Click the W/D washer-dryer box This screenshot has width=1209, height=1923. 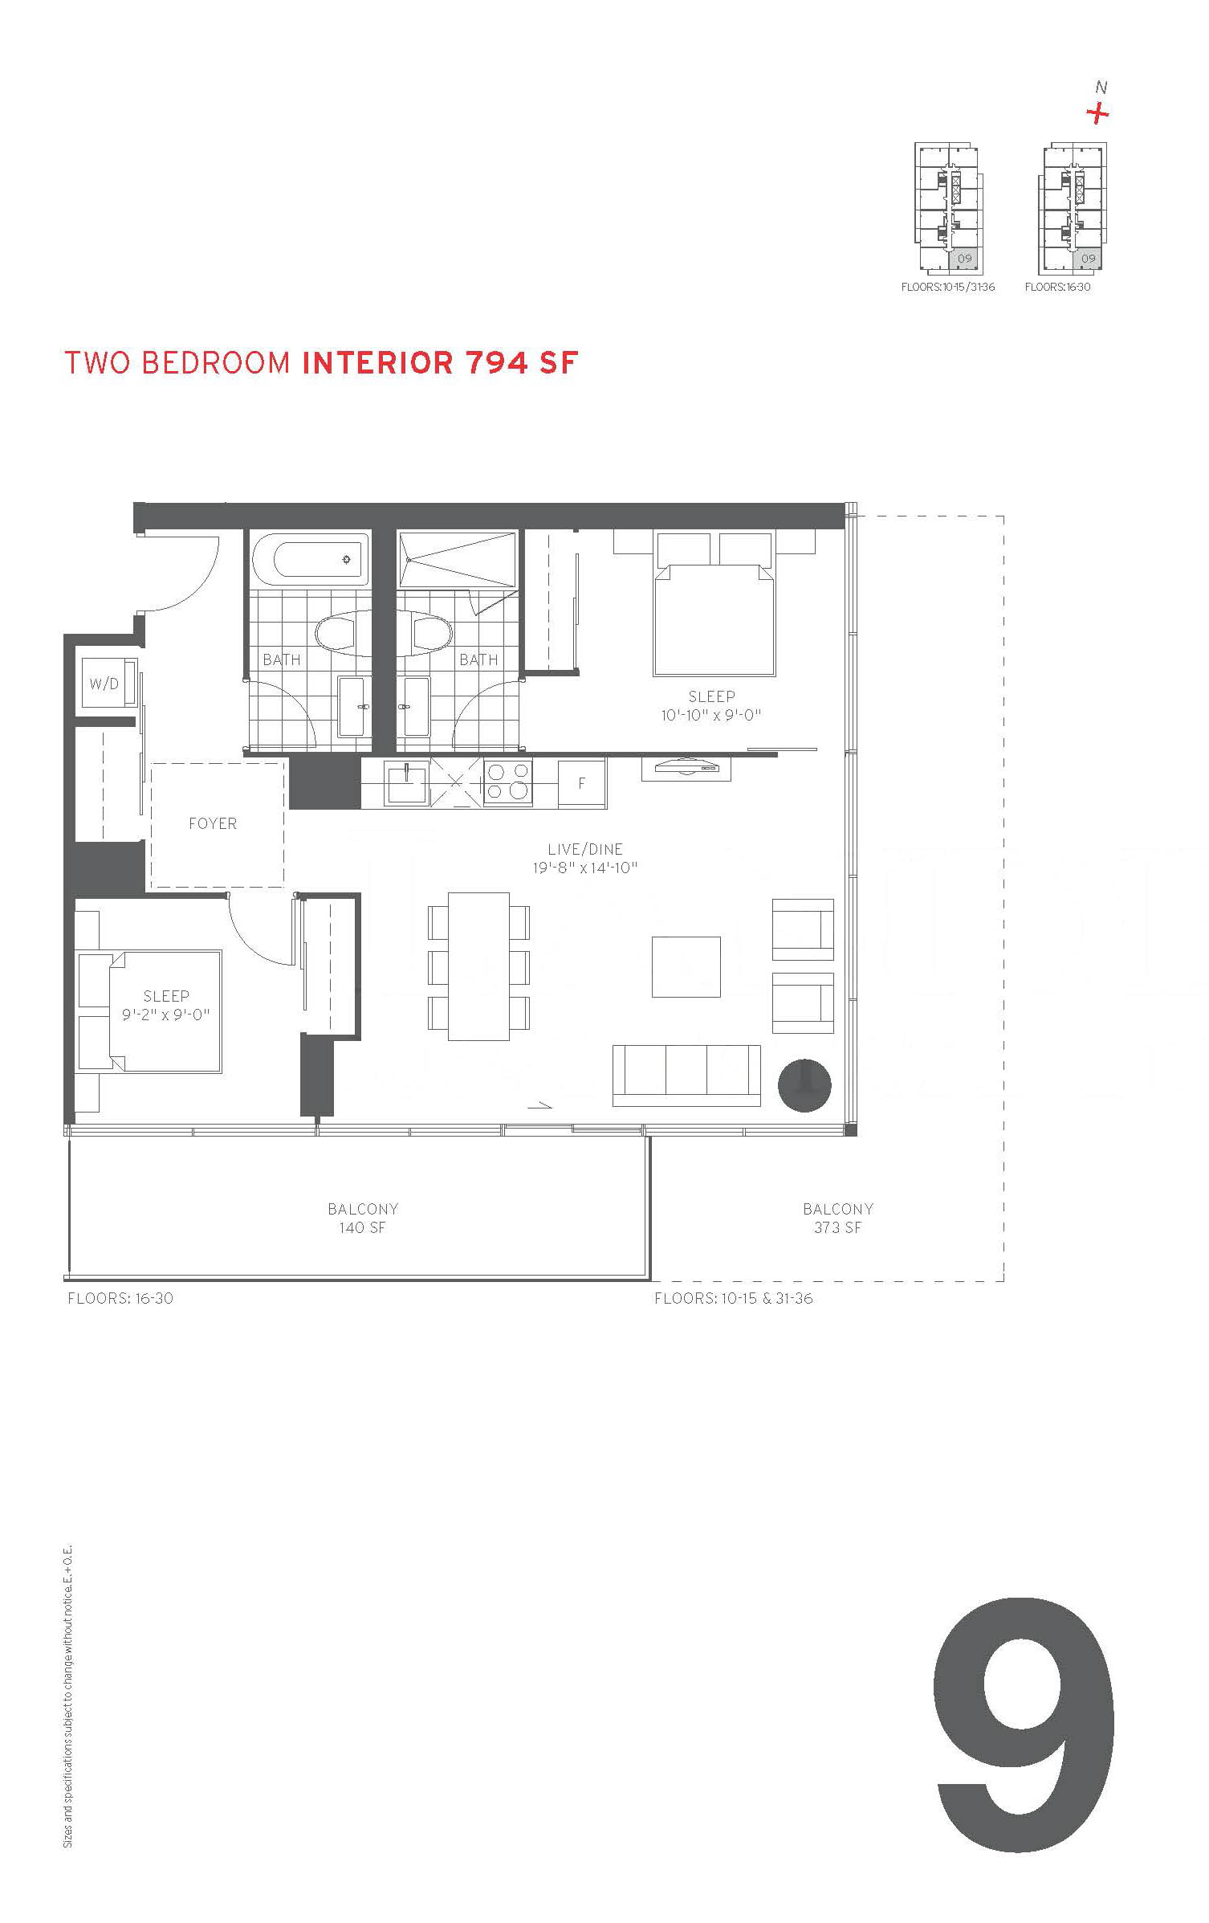(x=104, y=684)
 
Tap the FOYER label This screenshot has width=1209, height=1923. (x=213, y=823)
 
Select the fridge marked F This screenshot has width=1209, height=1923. (x=582, y=782)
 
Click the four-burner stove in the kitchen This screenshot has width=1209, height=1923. (x=508, y=782)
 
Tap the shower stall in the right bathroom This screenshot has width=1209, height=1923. (x=458, y=558)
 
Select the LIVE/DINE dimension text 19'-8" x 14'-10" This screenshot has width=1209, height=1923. (x=584, y=868)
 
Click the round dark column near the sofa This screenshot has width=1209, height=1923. (x=804, y=1085)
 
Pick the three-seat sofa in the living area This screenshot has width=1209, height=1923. (x=686, y=1075)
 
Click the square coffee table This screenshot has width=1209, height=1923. (x=686, y=967)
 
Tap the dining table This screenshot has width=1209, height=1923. (x=478, y=966)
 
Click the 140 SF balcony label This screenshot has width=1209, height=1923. (x=362, y=1227)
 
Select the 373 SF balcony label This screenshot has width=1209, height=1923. (x=837, y=1227)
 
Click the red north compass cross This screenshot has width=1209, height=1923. (x=1098, y=114)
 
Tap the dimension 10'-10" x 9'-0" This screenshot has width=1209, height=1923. (x=711, y=715)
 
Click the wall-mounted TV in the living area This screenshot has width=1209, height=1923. (x=686, y=768)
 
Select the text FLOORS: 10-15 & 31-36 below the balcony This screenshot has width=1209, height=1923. (x=734, y=1299)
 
